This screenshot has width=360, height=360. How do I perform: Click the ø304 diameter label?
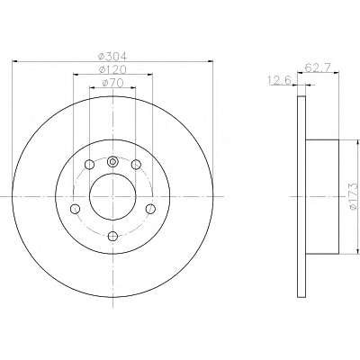pyautogui.click(x=112, y=57)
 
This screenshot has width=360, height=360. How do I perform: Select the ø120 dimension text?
pyautogui.click(x=112, y=70)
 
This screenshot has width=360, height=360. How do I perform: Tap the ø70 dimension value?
pyautogui.click(x=112, y=83)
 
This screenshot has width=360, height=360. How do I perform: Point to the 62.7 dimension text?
pyautogui.click(x=318, y=67)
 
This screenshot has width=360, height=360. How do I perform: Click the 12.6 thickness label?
pyautogui.click(x=280, y=80)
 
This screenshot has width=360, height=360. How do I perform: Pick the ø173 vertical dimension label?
pyautogui.click(x=355, y=194)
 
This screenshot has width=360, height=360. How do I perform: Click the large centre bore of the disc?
pyautogui.click(x=112, y=196)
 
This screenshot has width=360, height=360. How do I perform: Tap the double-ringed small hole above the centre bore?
pyautogui.click(x=112, y=162)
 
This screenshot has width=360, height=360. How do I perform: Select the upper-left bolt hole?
pyautogui.click(x=89, y=165)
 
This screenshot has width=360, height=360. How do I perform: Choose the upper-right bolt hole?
pyautogui.click(x=136, y=165)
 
